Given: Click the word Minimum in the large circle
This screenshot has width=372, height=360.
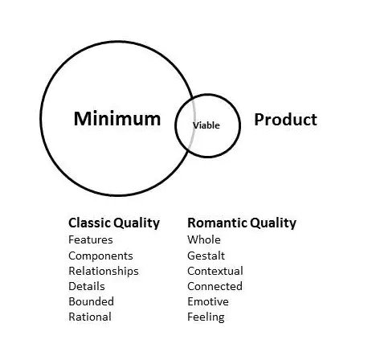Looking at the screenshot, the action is pos(117,119).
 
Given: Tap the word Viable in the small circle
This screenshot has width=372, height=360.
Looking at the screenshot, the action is pos(206,125).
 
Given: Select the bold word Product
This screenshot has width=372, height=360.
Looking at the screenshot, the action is pos(285,120).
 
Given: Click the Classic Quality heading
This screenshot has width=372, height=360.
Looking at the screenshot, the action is pos(114,223).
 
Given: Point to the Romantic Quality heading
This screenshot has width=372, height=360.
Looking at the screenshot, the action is pos(242,223).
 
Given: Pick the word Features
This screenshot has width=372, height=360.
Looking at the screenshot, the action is pos(91,239).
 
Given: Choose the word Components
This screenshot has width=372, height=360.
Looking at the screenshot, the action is pos(100,256).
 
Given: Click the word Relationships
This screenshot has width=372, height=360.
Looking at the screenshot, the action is pos(104,272).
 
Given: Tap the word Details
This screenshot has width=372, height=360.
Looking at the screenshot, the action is pos(87,286).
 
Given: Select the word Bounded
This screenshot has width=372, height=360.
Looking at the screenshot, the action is pos(91,301).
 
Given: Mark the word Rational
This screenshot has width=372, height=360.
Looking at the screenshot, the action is pos(90,317).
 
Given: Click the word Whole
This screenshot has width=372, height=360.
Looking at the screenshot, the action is pos(204,239).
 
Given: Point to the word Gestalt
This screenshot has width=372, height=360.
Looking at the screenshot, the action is pos(206,256).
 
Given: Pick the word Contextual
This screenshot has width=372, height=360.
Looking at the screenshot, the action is pos(215,271).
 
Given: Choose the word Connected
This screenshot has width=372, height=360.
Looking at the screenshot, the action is pos(215,286).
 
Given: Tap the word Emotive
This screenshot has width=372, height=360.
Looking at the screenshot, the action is pos(208,301).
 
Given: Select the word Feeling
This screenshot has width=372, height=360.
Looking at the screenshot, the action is pos(206,317).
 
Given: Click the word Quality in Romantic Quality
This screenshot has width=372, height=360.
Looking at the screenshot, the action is pos(273,223).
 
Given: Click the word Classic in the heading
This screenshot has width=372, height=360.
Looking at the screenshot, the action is pos(90,223).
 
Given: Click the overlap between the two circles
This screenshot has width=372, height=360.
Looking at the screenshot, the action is pos(185,125).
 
